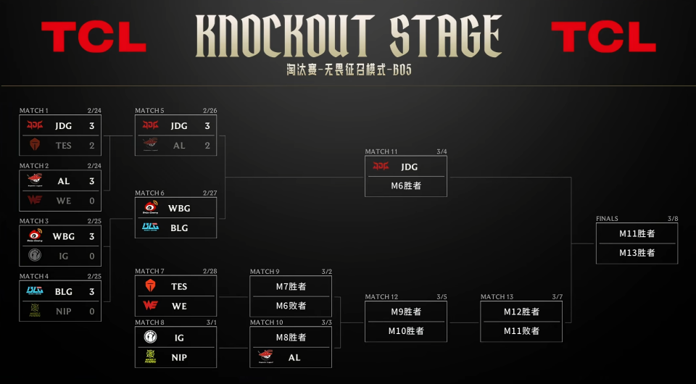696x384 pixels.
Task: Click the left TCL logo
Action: coord(94,37)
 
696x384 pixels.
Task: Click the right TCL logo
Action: coord(603,37)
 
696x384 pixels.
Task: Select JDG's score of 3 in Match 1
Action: coord(92,125)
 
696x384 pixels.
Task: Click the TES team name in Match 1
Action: coord(64,145)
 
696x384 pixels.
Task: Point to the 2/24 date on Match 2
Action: coord(94,166)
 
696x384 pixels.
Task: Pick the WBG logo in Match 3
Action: coord(35,235)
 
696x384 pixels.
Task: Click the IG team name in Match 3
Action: coord(64,255)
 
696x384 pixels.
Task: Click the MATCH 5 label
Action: coord(149,111)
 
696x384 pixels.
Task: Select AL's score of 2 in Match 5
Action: coord(207,145)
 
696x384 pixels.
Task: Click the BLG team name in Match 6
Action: coord(179,228)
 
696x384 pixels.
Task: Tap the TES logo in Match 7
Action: coord(150,286)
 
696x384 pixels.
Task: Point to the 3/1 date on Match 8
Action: coord(210,322)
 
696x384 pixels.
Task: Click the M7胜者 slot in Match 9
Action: coord(291,286)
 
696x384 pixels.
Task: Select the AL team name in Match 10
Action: coord(294,357)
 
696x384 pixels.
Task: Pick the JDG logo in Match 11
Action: coord(381,167)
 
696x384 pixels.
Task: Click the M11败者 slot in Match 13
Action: coord(521,330)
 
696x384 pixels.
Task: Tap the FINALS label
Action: coord(607,218)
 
